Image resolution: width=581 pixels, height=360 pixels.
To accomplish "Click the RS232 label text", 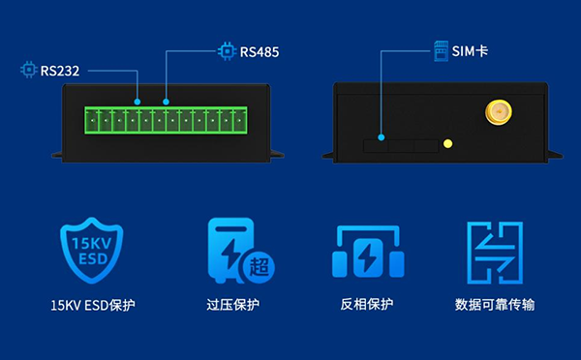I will tap(60, 70).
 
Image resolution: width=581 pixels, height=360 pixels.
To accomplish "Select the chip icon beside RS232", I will tap(28, 70).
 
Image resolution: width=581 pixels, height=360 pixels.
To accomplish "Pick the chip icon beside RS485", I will tap(227, 50).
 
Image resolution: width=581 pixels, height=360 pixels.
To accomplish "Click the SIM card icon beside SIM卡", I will tap(441, 49).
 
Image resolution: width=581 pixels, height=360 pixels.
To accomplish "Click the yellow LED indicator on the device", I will tap(447, 145).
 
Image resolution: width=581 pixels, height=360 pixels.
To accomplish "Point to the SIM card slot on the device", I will tap(399, 145).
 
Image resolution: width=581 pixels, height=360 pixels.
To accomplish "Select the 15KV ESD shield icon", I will tap(92, 251).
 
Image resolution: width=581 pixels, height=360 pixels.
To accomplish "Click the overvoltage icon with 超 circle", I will tap(239, 251).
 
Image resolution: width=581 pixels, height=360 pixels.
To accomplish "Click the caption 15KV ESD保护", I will tap(93, 305).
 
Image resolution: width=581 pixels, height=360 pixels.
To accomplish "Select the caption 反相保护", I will tap(367, 305).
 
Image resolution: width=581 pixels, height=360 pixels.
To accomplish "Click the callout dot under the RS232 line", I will tap(137, 101).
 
